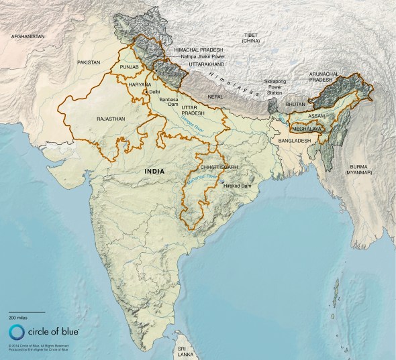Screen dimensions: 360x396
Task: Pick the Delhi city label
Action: click(x=155, y=92)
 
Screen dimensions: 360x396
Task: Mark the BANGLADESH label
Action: click(x=290, y=141)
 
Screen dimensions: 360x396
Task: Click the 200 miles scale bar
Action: click(x=26, y=312)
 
